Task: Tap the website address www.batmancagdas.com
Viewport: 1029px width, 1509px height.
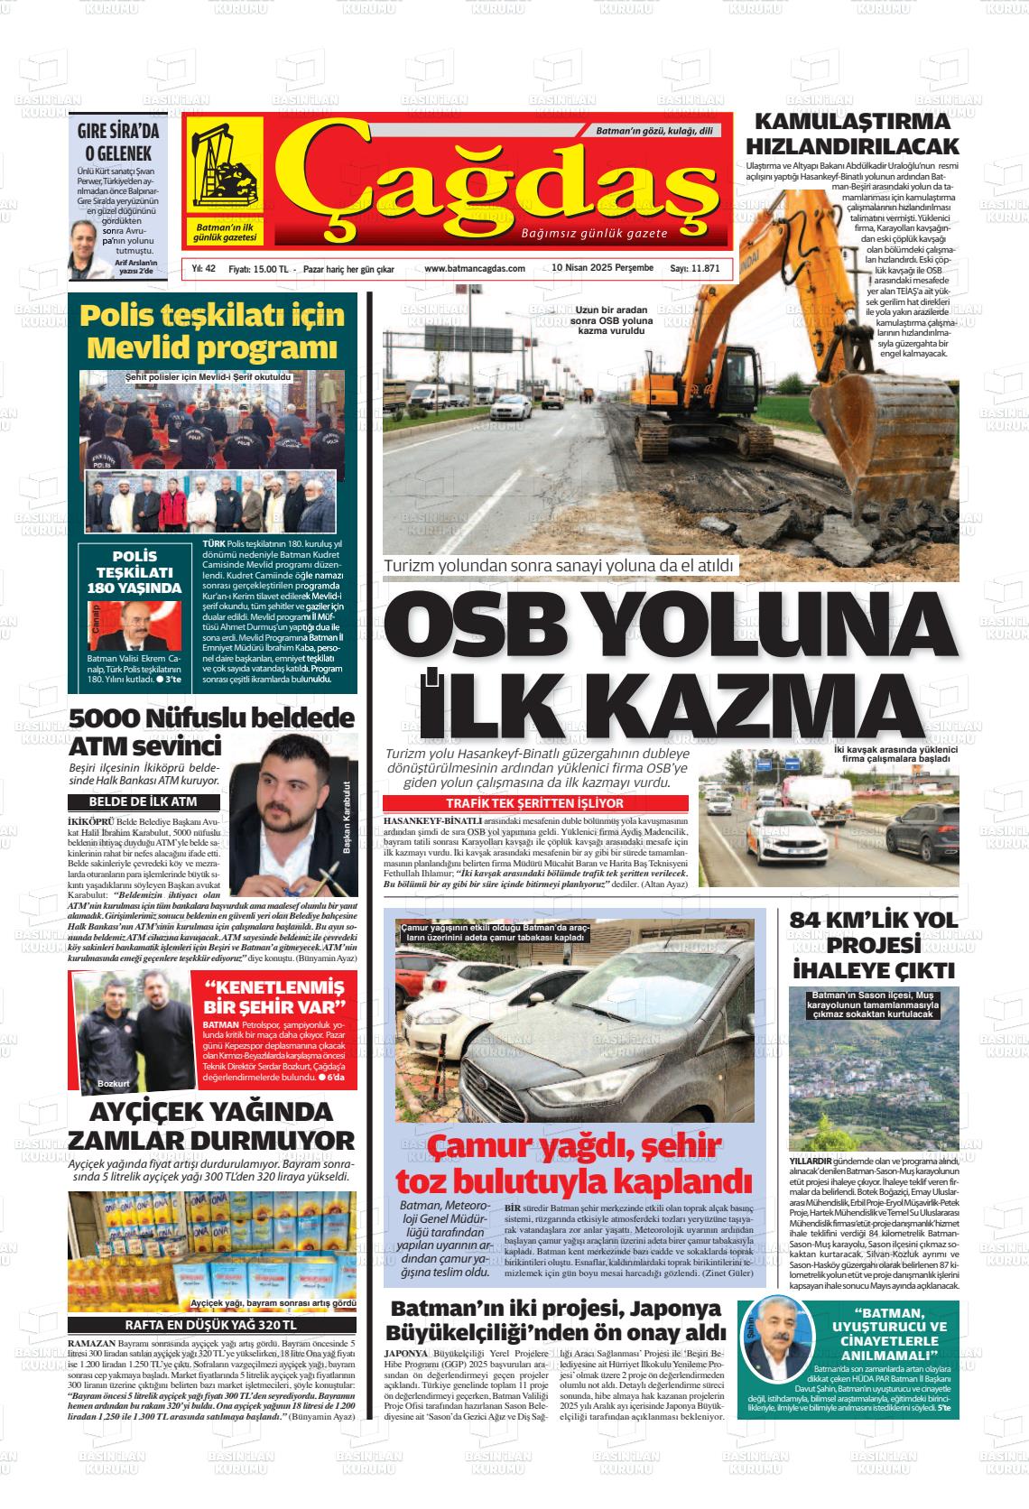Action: tap(474, 269)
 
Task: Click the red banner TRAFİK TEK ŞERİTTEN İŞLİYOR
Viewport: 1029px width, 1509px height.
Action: tap(534, 803)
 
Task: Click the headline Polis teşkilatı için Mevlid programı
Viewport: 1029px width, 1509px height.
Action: tap(212, 330)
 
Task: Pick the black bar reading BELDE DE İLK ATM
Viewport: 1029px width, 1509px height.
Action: tap(143, 801)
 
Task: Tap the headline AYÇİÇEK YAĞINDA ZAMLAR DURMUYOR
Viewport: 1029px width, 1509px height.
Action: tap(212, 1124)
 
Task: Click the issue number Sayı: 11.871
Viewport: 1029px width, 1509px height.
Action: tap(694, 269)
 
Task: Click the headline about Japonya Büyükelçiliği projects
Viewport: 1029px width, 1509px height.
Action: tap(555, 1319)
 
